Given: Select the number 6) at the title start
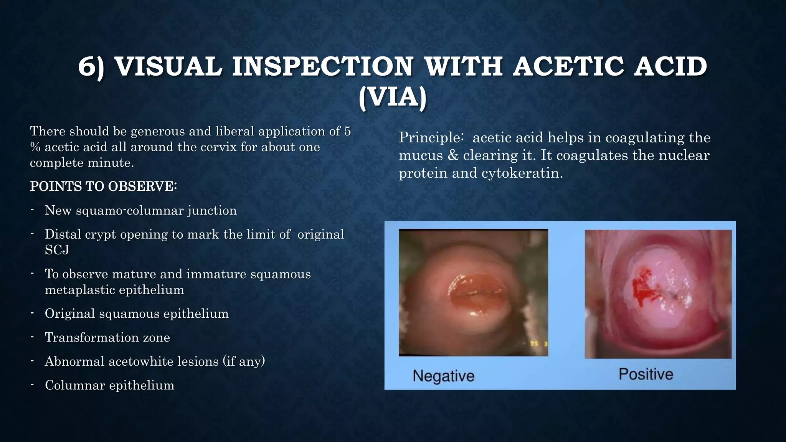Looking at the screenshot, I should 91,66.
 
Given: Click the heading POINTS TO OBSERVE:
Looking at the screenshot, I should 103,186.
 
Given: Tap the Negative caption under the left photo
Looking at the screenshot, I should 443,376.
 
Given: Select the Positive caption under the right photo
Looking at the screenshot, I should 646,374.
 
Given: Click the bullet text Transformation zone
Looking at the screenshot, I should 107,337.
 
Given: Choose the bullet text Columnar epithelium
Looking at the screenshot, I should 109,385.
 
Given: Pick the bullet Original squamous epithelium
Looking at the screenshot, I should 137,313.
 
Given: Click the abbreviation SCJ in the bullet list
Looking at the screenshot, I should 57,250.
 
